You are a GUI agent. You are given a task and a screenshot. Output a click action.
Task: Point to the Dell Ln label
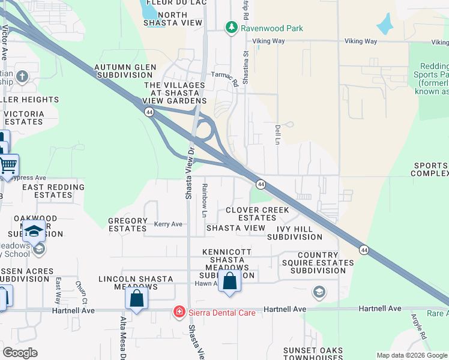click(277, 134)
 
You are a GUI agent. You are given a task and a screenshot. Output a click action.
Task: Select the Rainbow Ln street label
click(205, 200)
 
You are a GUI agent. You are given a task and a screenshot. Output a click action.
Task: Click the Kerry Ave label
click(168, 224)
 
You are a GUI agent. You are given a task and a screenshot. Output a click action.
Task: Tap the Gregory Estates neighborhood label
click(128, 224)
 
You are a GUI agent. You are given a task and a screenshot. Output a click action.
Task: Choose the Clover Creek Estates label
click(258, 214)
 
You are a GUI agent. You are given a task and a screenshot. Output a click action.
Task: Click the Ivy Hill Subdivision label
click(303, 233)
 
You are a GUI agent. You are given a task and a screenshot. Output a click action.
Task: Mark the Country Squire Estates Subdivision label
click(322, 263)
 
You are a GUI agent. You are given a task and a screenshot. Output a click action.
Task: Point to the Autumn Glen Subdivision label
click(124, 71)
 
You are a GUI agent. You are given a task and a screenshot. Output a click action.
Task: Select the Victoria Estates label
click(23, 118)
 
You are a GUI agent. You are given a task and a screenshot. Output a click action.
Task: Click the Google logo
click(20, 353)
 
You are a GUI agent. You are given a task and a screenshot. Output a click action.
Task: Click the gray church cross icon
click(22, 76)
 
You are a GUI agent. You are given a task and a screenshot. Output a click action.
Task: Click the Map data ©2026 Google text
click(411, 355)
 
